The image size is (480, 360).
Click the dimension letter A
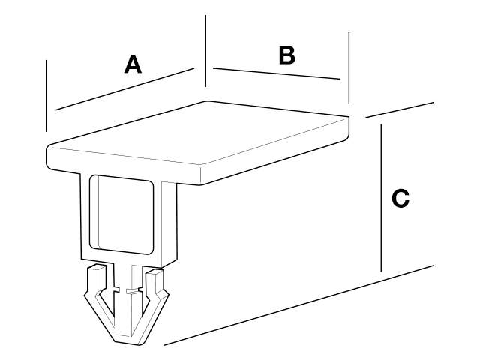click(x=133, y=64)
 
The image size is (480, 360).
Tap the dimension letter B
click(x=287, y=55)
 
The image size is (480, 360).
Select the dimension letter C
click(x=400, y=198)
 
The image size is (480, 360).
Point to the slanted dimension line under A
click(x=125, y=88)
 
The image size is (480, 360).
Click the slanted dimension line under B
click(x=277, y=73)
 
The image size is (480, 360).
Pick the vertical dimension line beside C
click(x=381, y=198)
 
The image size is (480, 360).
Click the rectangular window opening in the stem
click(x=121, y=215)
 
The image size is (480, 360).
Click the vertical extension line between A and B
click(x=205, y=51)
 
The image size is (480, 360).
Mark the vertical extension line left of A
click(x=46, y=96)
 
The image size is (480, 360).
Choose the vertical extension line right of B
click(x=349, y=68)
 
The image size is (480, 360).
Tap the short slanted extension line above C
click(x=400, y=110)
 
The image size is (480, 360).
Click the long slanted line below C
click(x=299, y=305)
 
